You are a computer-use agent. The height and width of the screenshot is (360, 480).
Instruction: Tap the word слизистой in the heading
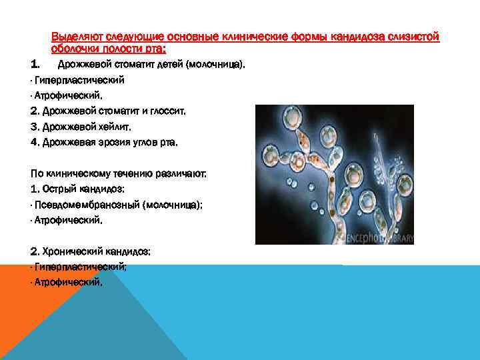pyautogui.click(x=417, y=37)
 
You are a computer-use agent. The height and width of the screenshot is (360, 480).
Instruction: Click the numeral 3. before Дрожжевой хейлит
pyautogui.click(x=35, y=126)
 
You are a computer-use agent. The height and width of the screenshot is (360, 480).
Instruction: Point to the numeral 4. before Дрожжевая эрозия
pyautogui.click(x=35, y=141)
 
